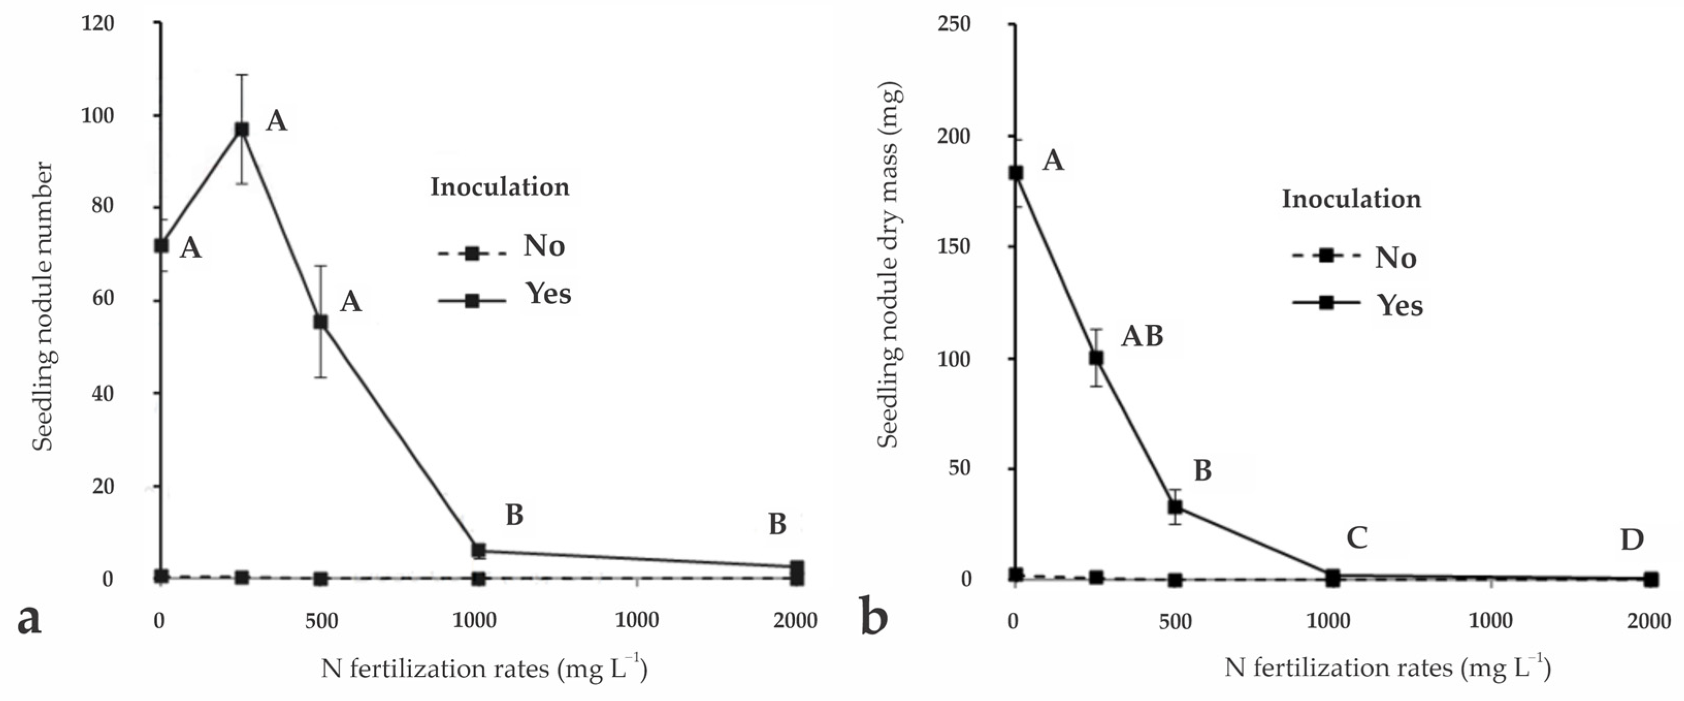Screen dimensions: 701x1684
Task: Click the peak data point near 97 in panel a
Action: [x=242, y=129]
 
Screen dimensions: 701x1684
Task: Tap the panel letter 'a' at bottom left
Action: [x=29, y=618]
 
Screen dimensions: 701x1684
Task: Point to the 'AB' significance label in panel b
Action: [x=1142, y=336]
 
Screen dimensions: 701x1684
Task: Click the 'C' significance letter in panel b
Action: [x=1357, y=538]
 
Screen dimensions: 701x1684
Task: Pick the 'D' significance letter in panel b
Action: [x=1632, y=540]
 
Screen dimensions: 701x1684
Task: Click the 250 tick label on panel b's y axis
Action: [x=954, y=24]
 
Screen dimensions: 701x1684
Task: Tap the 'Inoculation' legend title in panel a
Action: [x=499, y=187]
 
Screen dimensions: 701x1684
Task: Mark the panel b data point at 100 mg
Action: [x=1097, y=358]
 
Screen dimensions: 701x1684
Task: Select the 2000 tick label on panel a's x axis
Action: [x=795, y=621]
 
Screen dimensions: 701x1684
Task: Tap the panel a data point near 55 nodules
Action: [x=320, y=322]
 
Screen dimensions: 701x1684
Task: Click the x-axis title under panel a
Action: [x=484, y=669]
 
